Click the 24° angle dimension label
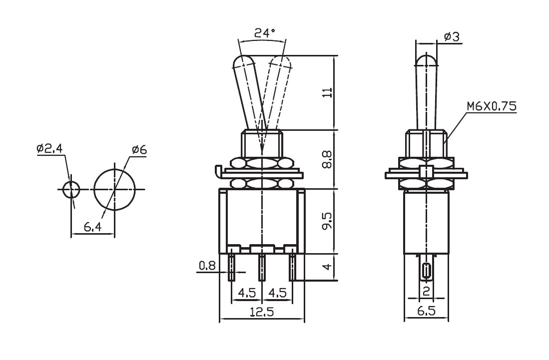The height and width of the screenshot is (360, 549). pyautogui.click(x=265, y=33)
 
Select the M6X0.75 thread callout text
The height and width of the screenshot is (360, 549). pyautogui.click(x=492, y=106)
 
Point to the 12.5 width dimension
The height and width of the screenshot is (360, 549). pyautogui.click(x=262, y=312)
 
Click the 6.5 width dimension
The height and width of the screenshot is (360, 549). pyautogui.click(x=426, y=311)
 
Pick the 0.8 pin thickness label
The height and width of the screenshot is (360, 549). pyautogui.click(x=207, y=266)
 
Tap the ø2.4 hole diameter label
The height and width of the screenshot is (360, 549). pyautogui.click(x=49, y=149)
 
